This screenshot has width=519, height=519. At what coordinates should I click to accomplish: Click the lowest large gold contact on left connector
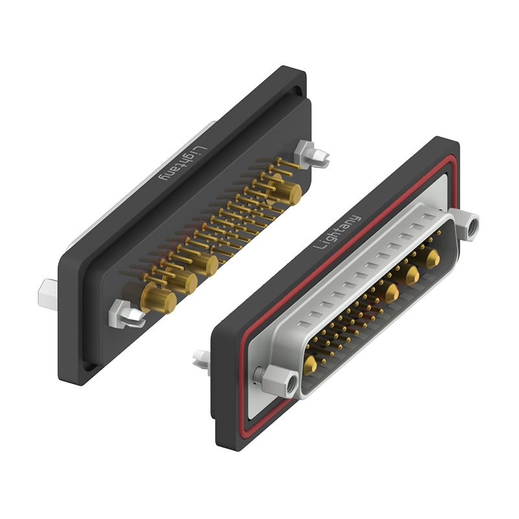[158, 300]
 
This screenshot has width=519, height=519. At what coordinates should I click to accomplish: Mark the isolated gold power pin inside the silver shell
[309, 365]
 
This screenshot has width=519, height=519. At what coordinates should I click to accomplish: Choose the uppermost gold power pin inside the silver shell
[431, 259]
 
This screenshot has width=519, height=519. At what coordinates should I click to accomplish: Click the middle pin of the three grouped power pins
[411, 276]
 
